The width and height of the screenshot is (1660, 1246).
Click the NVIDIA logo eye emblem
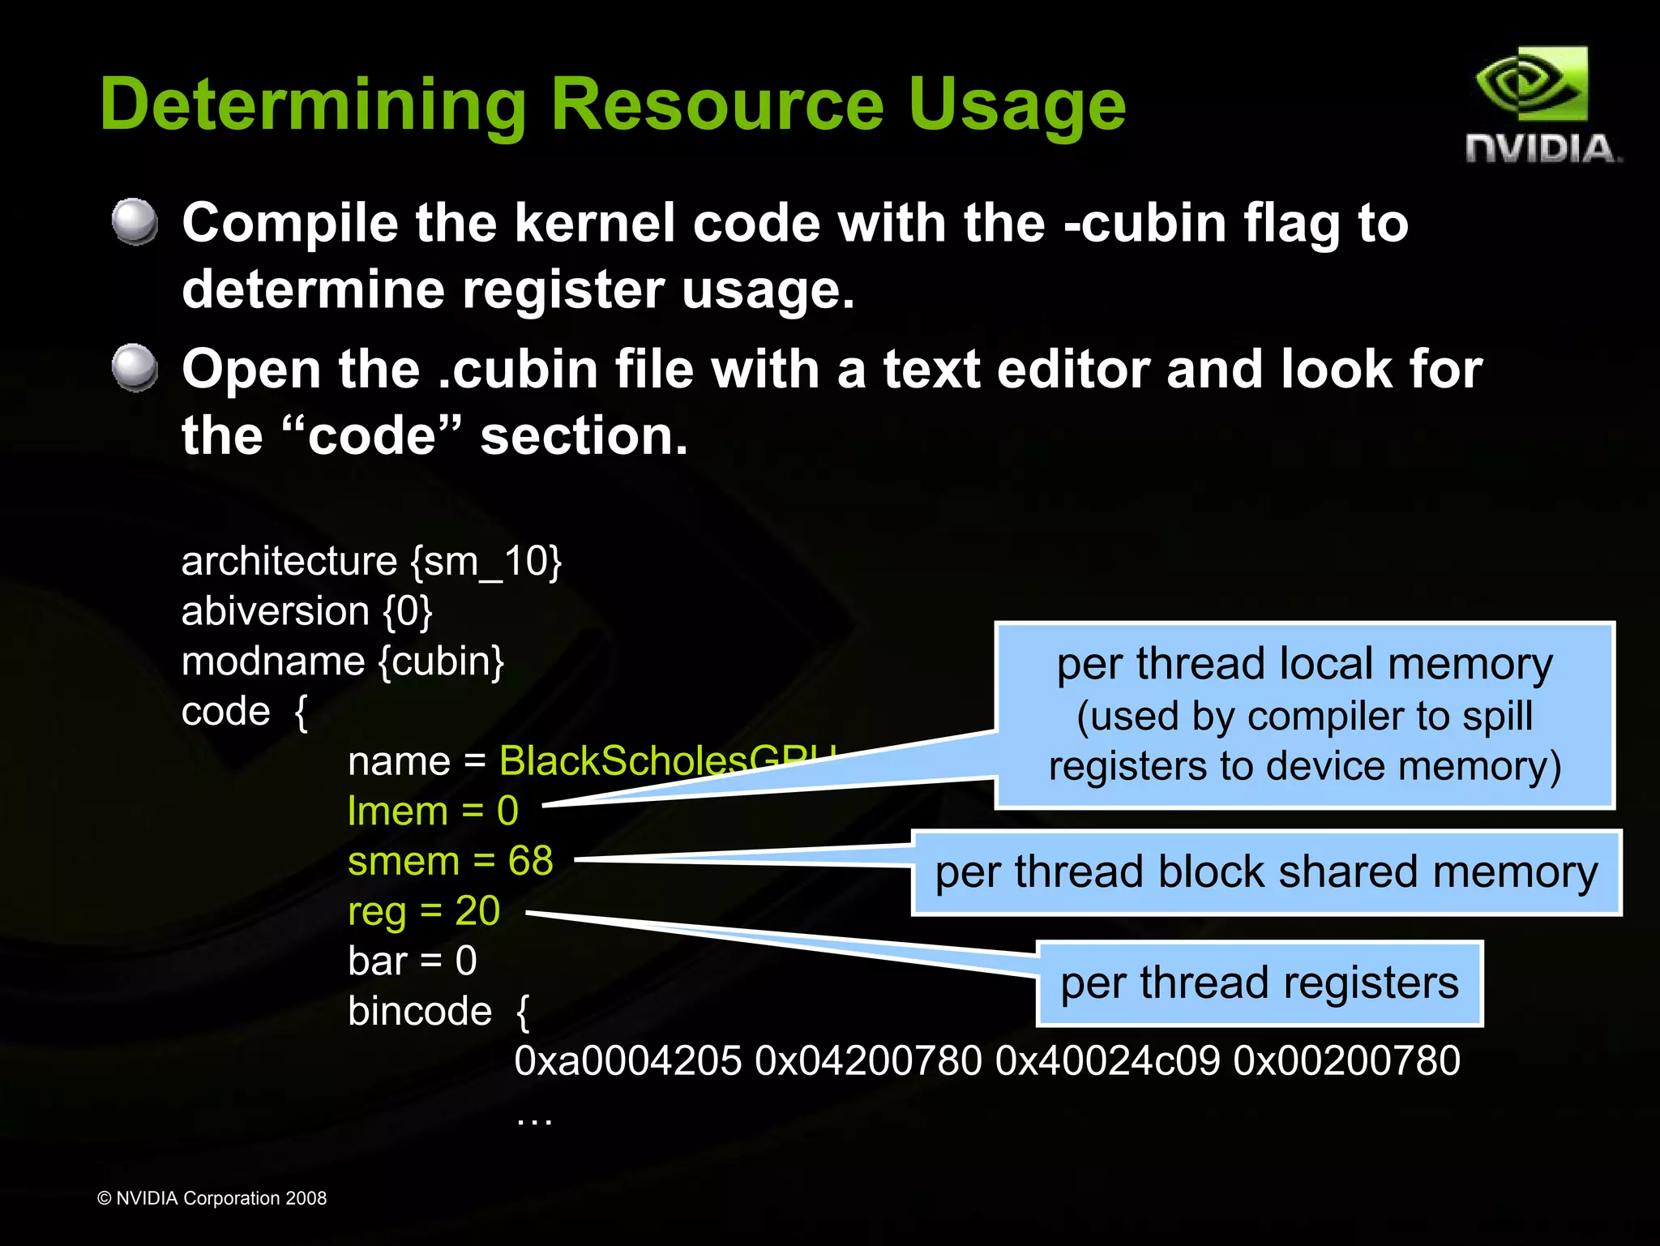coord(1530,84)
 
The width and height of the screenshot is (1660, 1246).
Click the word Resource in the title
coord(717,105)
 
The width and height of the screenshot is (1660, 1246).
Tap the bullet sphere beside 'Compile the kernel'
coord(135,221)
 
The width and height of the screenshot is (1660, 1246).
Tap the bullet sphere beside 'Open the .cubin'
coord(135,367)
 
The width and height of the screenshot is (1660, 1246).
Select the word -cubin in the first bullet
coord(1145,223)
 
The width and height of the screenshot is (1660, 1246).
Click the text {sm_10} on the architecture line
coord(486,561)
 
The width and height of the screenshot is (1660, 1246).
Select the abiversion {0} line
coord(306,611)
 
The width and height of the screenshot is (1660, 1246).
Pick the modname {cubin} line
coord(342,662)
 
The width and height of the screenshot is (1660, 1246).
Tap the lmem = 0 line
coord(433,811)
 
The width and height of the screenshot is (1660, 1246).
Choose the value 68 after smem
coord(531,861)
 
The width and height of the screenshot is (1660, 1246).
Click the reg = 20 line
coord(424,911)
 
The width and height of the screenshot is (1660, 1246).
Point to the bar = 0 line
coord(413,961)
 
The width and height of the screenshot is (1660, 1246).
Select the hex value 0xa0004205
coord(627,1061)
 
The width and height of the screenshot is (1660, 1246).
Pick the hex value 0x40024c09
coord(1107,1061)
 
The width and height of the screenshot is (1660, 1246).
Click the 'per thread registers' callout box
coord(1260,983)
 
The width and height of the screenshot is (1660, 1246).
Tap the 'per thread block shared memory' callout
coord(1266,873)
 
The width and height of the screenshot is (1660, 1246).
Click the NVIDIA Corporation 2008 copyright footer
coord(212,1198)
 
